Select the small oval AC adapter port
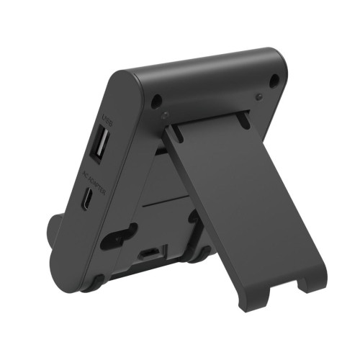tap(86, 199)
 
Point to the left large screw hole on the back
tap(156, 99)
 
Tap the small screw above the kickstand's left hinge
tap(166, 113)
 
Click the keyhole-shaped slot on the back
tap(119, 236)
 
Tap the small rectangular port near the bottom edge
tap(149, 253)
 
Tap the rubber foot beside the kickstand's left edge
tap(199, 254)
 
